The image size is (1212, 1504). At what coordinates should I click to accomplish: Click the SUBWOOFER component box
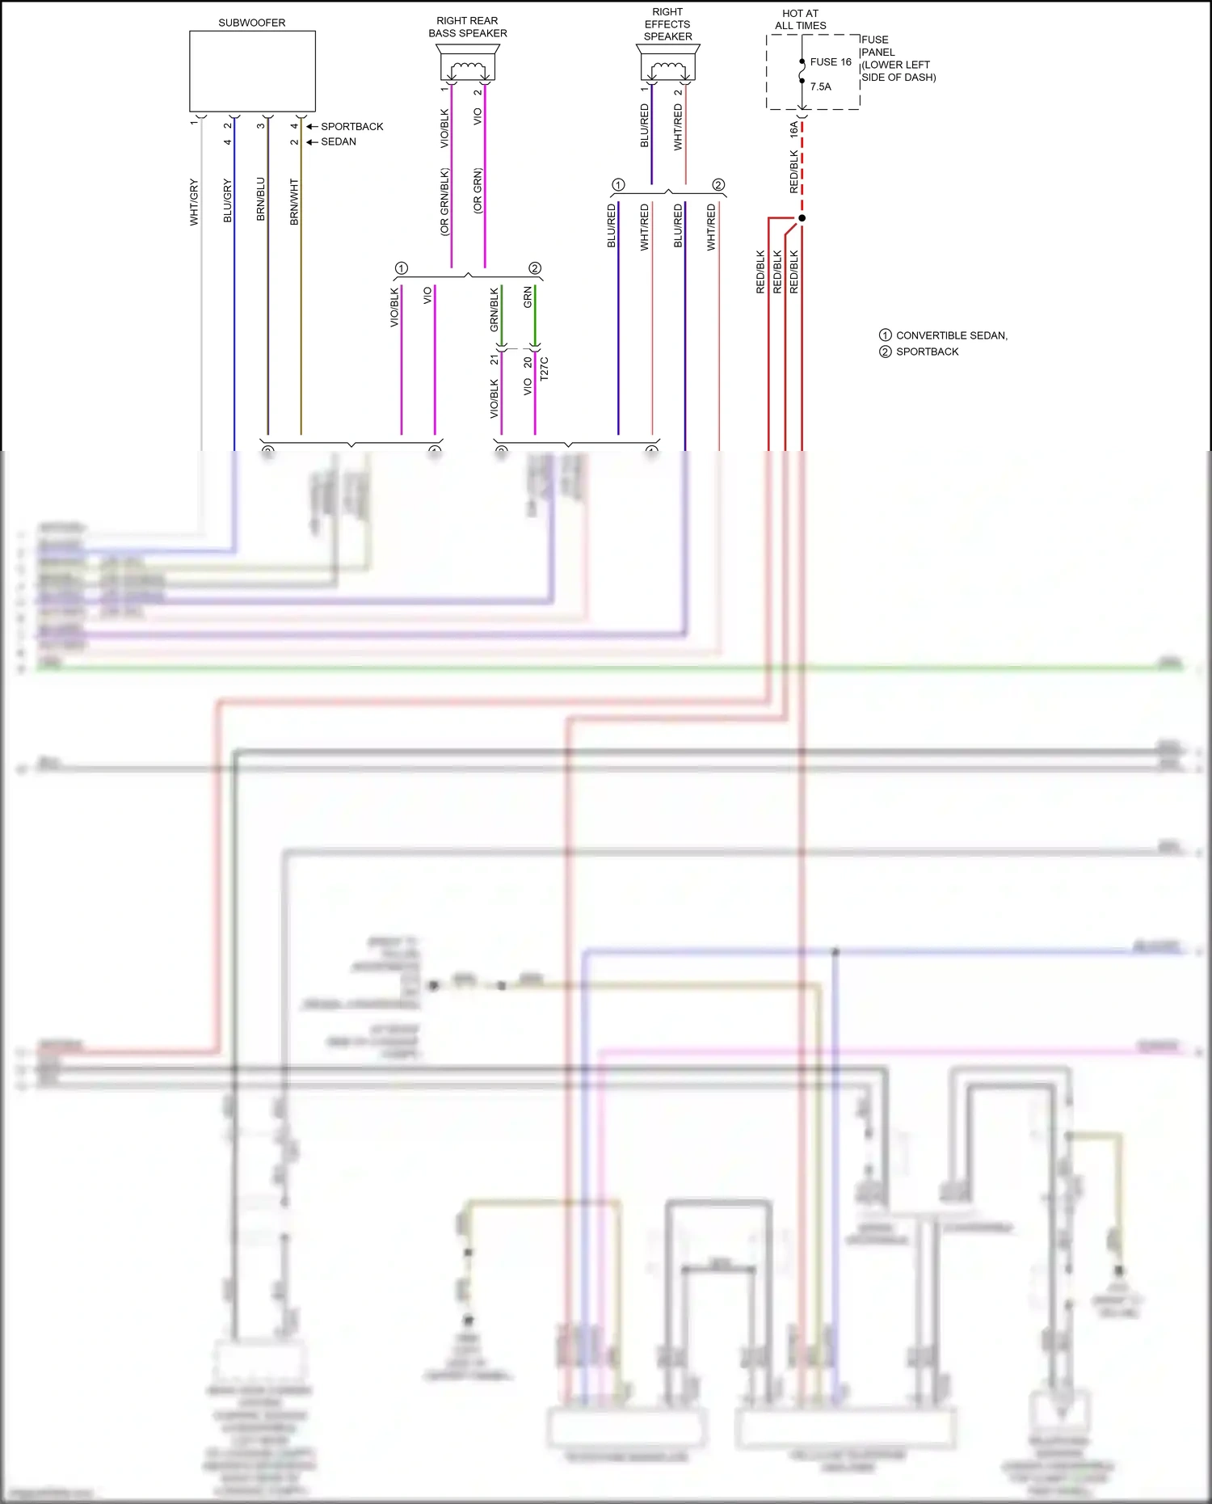tap(252, 71)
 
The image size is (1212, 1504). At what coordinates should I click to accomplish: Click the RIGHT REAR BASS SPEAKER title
tap(467, 27)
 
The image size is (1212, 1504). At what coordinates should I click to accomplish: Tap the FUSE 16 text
tap(831, 62)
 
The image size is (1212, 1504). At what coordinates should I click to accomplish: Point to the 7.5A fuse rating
tap(820, 86)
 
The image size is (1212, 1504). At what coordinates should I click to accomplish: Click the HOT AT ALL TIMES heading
tap(800, 19)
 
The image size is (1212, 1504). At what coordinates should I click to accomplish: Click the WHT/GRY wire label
tap(194, 202)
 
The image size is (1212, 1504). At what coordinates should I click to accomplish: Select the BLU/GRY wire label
tap(227, 201)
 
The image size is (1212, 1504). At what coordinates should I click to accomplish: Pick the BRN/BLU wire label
tap(260, 200)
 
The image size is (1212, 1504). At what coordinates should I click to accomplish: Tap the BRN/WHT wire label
tap(294, 202)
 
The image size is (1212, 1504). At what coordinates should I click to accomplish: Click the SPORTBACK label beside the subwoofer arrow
tap(351, 127)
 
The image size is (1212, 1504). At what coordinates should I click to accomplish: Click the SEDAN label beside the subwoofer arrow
tap(339, 141)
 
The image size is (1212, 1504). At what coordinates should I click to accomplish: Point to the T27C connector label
tap(544, 369)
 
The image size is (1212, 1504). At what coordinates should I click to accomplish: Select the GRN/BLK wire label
tap(494, 310)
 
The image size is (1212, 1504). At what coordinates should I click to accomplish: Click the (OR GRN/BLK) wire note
tap(444, 202)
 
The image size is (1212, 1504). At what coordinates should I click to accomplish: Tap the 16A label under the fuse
tap(793, 128)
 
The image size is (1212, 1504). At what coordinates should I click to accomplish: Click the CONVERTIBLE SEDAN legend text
tap(951, 335)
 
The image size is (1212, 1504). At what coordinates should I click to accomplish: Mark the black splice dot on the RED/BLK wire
tap(802, 218)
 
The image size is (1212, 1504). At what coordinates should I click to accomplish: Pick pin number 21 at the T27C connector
tap(494, 360)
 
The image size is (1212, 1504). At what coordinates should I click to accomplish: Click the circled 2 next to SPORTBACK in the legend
tap(886, 352)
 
